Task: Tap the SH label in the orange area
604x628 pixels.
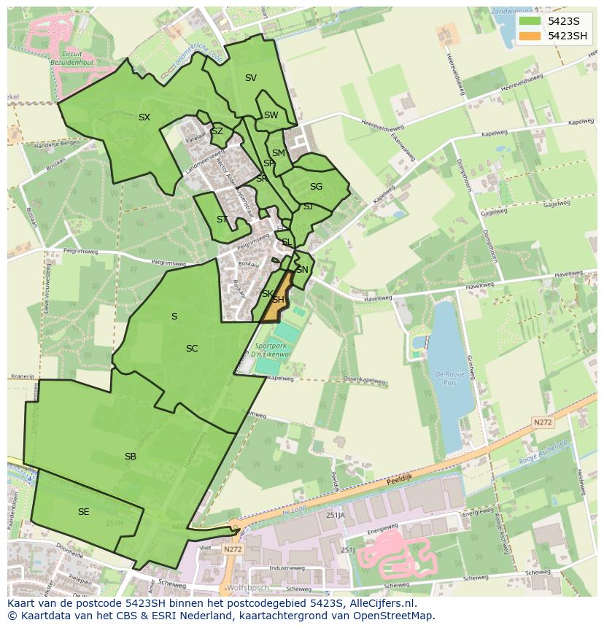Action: point(278,300)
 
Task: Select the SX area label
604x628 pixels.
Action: point(144,117)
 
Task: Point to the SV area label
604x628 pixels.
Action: point(251,78)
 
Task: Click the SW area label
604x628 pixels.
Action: point(271,115)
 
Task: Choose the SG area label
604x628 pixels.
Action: point(316,187)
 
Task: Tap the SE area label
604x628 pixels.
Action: point(84,512)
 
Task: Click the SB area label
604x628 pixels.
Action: point(131,457)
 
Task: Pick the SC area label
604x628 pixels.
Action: point(192,349)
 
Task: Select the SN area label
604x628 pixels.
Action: point(302,270)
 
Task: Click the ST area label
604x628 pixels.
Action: point(222,220)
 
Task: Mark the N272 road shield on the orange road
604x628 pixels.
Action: point(542,422)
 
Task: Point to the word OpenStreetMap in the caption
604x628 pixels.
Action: point(395,616)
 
